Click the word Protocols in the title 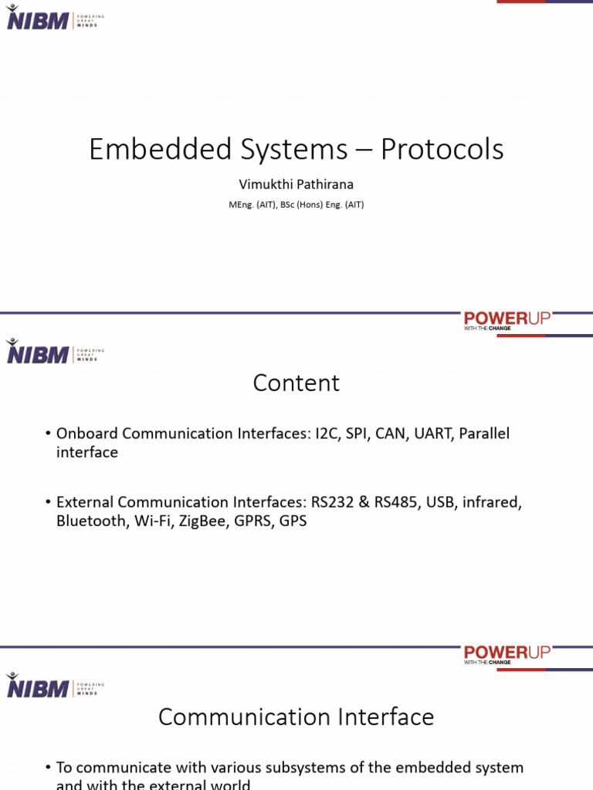point(442,149)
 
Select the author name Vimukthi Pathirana point(296,184)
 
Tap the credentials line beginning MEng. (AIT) point(296,205)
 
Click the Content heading point(296,383)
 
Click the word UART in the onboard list point(432,434)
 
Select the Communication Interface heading point(296,717)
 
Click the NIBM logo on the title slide point(38,20)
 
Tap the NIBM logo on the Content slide point(38,354)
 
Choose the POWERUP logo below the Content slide point(507,654)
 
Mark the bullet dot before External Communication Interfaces point(48,503)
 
